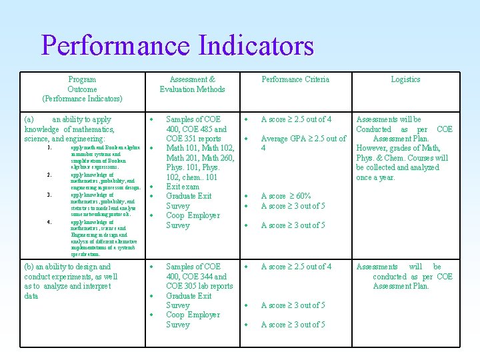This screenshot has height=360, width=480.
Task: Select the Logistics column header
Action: [405, 79]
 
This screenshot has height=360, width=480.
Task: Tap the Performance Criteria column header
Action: [295, 79]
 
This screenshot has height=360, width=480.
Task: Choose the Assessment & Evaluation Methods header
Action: [192, 84]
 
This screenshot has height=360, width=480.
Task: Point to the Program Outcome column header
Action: [82, 89]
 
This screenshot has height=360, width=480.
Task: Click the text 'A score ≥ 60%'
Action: [286, 196]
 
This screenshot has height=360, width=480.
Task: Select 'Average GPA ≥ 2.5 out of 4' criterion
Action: [303, 143]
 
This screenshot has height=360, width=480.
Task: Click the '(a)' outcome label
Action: [30, 119]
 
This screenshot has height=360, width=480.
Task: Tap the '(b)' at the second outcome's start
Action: [30, 267]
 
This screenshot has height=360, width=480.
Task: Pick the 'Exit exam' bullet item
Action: [182, 187]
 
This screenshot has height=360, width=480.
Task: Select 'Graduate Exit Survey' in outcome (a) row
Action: [188, 201]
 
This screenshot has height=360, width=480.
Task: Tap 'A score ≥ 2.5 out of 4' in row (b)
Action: [296, 267]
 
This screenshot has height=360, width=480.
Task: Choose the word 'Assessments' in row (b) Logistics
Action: [377, 267]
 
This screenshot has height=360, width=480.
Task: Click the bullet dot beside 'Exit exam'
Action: [152, 187]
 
